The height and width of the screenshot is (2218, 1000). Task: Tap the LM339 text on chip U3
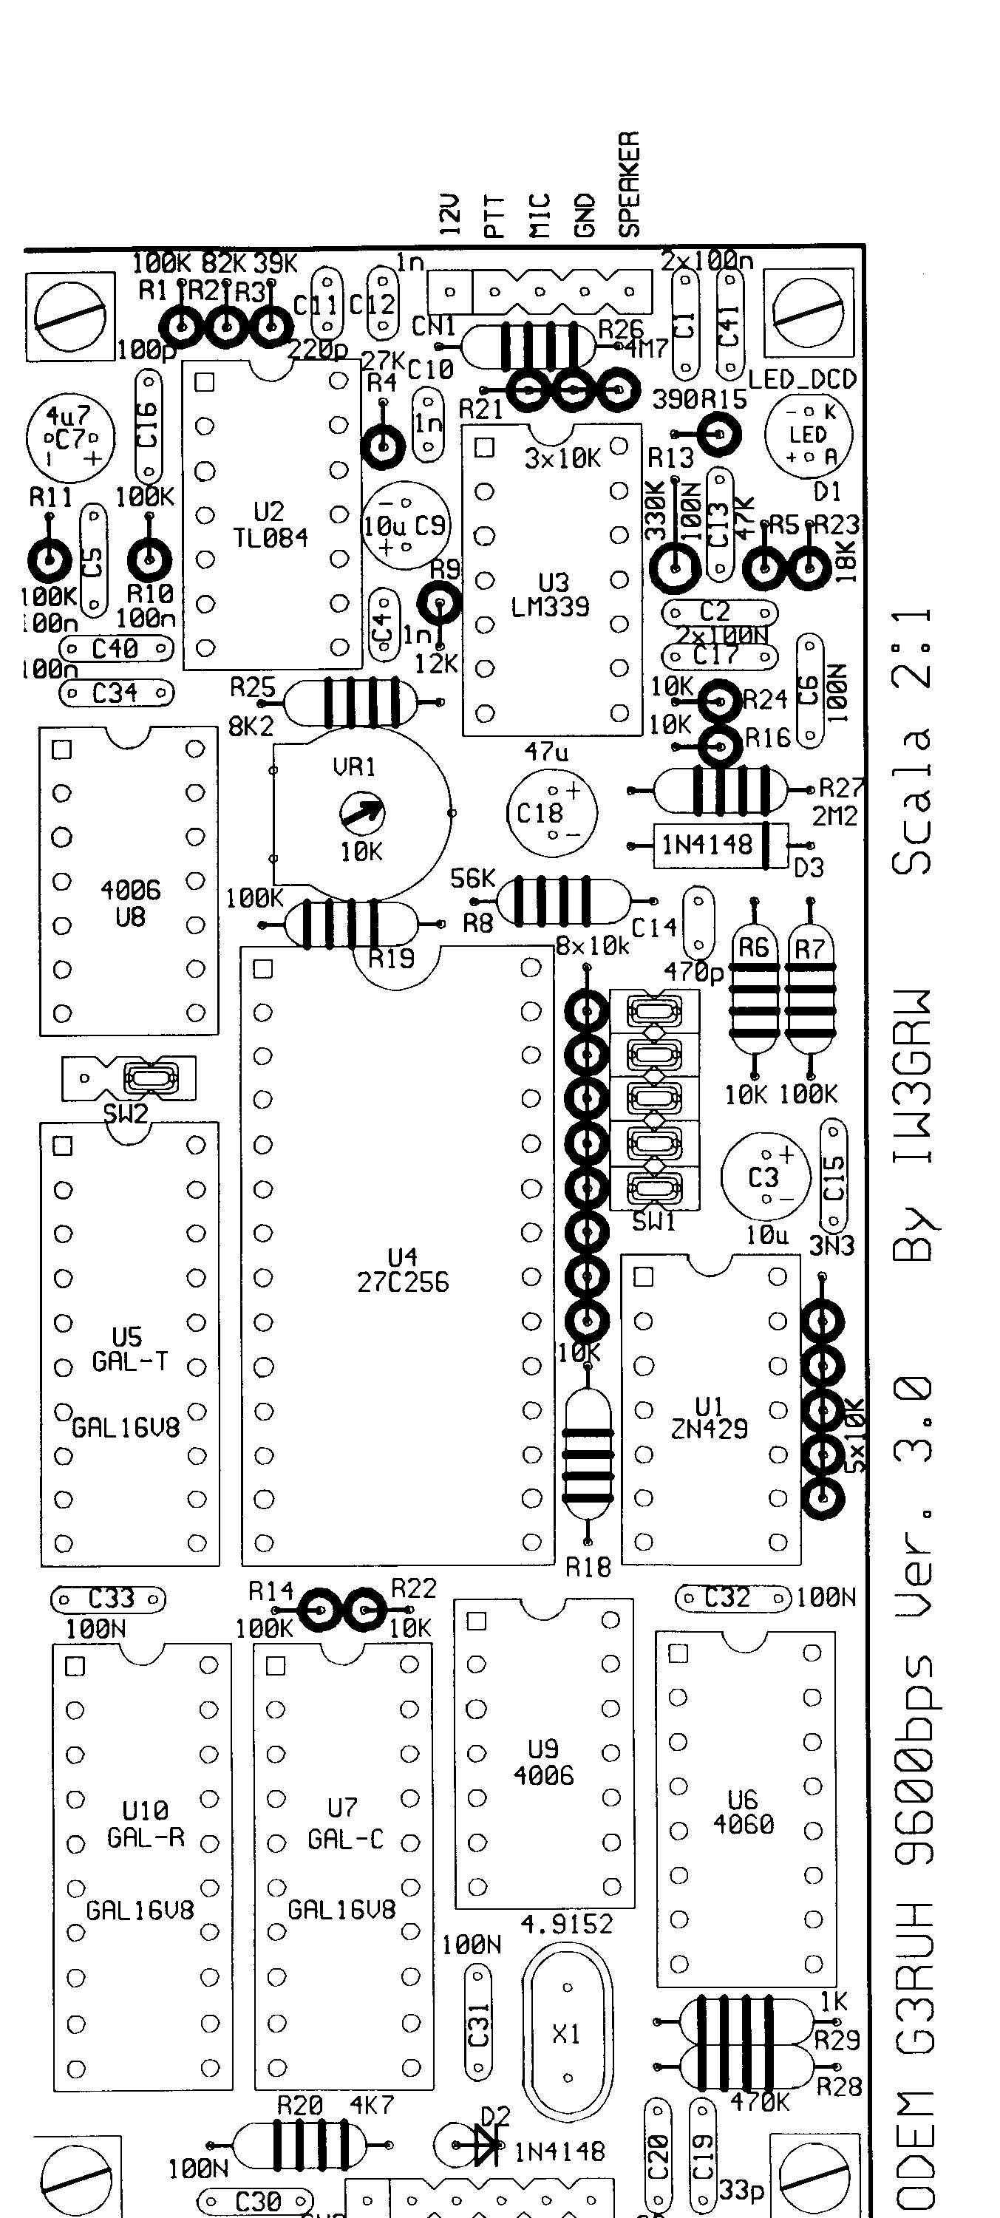(x=551, y=607)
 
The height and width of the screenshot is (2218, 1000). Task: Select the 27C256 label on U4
(x=403, y=1283)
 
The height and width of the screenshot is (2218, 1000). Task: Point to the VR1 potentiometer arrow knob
(x=361, y=811)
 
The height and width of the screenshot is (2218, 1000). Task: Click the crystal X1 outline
(x=567, y=2034)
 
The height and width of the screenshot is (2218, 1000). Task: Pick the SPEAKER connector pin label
(x=630, y=183)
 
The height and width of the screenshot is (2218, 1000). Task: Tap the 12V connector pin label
(x=449, y=214)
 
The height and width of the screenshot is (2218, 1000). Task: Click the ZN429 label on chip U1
(x=709, y=1429)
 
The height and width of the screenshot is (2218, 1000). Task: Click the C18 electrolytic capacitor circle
(x=551, y=812)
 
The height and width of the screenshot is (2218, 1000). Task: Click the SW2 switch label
(x=126, y=1114)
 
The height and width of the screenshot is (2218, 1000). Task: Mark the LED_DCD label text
(x=802, y=379)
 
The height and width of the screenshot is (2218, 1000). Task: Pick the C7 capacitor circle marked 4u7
(x=69, y=438)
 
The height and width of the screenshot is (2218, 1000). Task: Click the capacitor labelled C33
(x=109, y=1599)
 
